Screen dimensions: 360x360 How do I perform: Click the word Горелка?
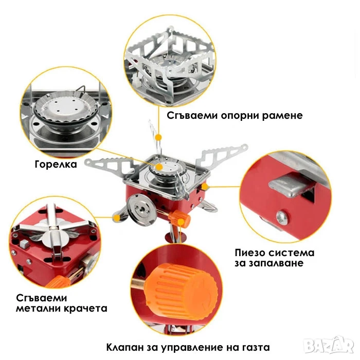click(56, 165)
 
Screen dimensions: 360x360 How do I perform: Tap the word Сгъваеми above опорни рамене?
click(192, 115)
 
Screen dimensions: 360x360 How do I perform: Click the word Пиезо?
click(250, 253)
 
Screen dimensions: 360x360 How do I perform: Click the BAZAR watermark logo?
click(329, 345)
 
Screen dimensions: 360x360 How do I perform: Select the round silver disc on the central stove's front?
click(142, 209)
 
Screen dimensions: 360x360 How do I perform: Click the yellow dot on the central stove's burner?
click(159, 167)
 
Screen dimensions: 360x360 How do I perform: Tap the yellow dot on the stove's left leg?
click(117, 218)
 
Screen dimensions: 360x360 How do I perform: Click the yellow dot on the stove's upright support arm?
click(158, 137)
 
